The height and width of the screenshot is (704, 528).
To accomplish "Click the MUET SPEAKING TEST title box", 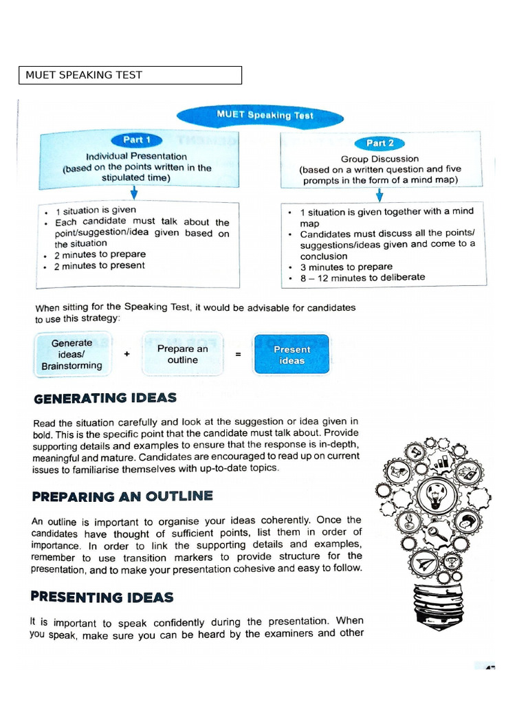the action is pyautogui.click(x=130, y=75).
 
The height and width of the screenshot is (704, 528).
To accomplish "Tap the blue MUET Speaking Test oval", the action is pyautogui.click(x=265, y=115).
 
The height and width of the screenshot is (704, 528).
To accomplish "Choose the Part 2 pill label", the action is pyautogui.click(x=379, y=143).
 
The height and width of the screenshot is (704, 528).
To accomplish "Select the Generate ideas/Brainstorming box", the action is pyautogui.click(x=71, y=354).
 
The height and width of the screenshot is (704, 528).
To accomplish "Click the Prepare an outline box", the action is pyautogui.click(x=182, y=354).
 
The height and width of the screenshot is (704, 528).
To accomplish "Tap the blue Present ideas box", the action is pyautogui.click(x=291, y=355).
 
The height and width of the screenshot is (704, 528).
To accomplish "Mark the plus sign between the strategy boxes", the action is pyautogui.click(x=127, y=354).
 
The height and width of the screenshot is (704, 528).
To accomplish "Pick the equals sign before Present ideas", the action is pyautogui.click(x=238, y=355).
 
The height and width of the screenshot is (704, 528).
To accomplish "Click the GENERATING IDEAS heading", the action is pyautogui.click(x=104, y=398).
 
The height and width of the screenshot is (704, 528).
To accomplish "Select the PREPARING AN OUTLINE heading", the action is pyautogui.click(x=122, y=496).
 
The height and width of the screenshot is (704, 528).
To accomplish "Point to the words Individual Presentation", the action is pyautogui.click(x=136, y=156).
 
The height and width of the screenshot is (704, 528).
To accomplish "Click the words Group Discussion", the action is pyautogui.click(x=379, y=159).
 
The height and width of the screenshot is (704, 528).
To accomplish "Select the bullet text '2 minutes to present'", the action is pyautogui.click(x=100, y=265).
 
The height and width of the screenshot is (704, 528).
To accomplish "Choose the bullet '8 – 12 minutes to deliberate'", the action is pyautogui.click(x=362, y=278).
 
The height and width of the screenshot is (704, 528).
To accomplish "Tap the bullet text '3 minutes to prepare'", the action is pyautogui.click(x=346, y=267).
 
